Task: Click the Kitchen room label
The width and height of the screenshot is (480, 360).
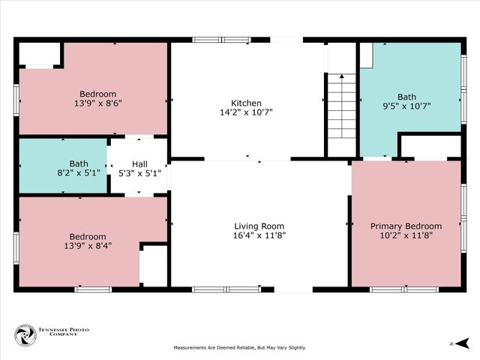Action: (x=246, y=103)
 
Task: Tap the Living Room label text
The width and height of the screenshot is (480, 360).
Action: (x=259, y=226)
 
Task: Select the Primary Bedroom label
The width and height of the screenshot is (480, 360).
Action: (x=406, y=226)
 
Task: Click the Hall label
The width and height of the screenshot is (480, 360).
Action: (x=140, y=163)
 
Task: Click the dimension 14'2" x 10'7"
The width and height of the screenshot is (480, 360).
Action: (x=246, y=113)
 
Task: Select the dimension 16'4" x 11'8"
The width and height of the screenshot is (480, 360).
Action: (x=259, y=235)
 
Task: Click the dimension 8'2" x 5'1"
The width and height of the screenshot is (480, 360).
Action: (x=79, y=173)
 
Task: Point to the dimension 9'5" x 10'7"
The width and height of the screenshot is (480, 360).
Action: (x=406, y=106)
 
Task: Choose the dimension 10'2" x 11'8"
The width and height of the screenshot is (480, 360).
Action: (x=406, y=235)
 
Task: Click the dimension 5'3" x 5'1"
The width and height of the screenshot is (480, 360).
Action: (x=140, y=173)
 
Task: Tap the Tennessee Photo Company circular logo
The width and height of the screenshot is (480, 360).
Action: (x=25, y=335)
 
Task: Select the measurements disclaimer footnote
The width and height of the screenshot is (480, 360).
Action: (x=240, y=347)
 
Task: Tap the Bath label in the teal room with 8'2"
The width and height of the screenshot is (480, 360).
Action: (x=79, y=163)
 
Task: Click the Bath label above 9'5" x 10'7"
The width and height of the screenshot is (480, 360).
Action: (x=406, y=97)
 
